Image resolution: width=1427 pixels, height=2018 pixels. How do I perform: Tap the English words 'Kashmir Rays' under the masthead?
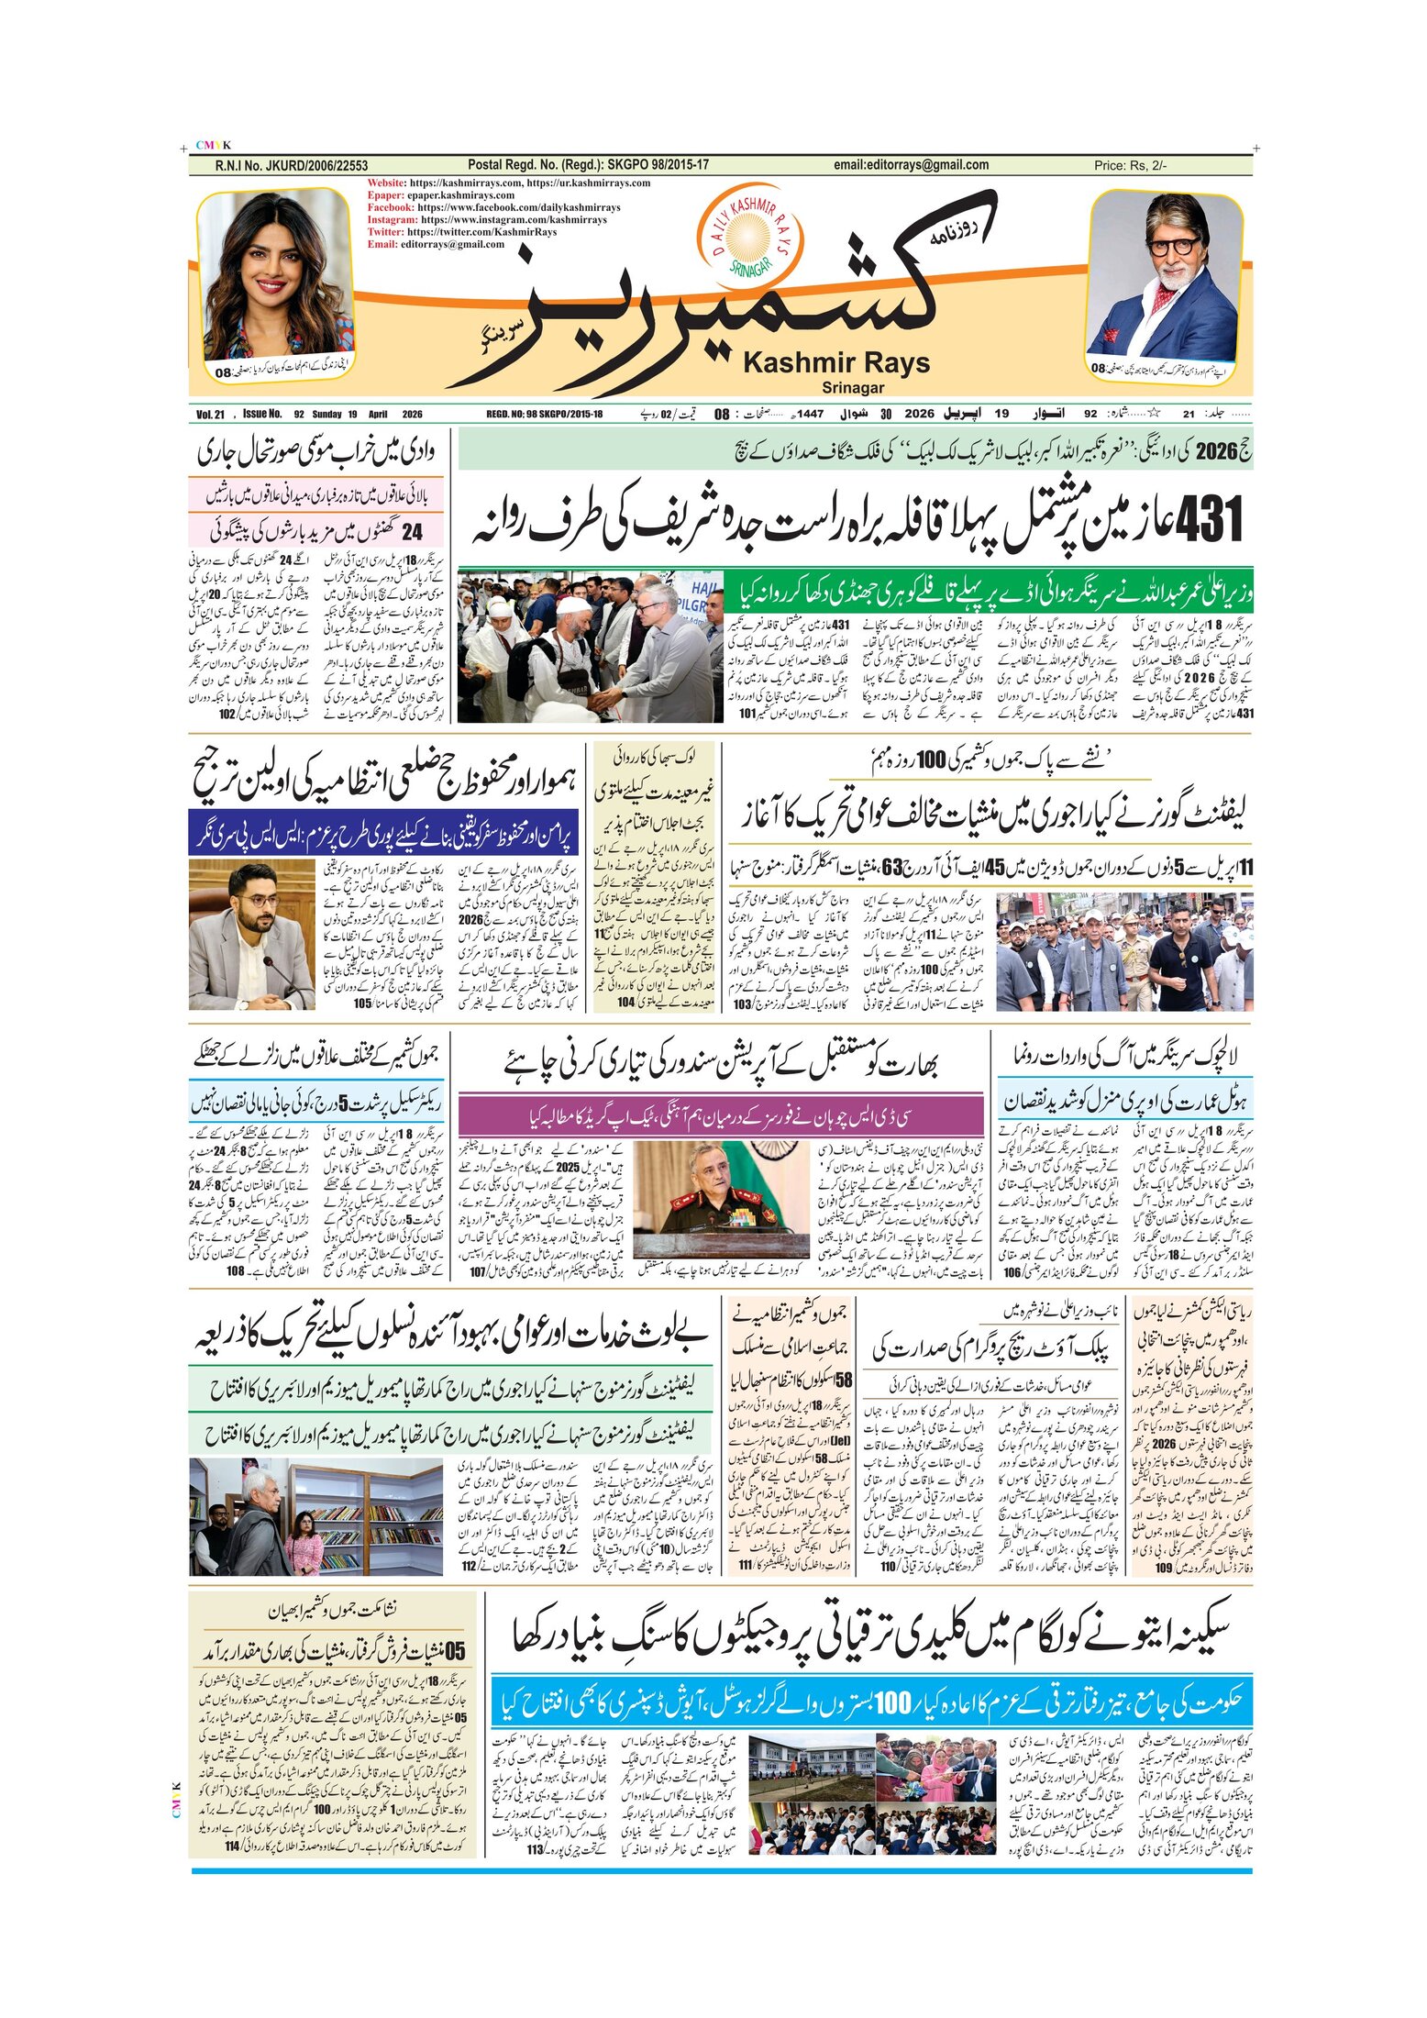tap(835, 362)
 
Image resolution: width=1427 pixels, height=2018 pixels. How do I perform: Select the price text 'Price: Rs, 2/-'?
tap(1130, 165)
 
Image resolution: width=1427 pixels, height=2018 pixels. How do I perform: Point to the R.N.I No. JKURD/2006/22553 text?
tap(292, 165)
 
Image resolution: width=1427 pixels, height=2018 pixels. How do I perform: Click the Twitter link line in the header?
tap(462, 232)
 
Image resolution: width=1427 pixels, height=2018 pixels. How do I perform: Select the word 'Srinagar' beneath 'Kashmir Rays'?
tap(853, 388)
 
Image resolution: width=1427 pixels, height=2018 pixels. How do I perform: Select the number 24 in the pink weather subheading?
tap(413, 530)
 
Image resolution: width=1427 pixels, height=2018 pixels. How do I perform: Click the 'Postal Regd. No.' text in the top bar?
tap(588, 165)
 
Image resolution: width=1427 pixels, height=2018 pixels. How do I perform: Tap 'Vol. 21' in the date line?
tap(211, 414)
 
